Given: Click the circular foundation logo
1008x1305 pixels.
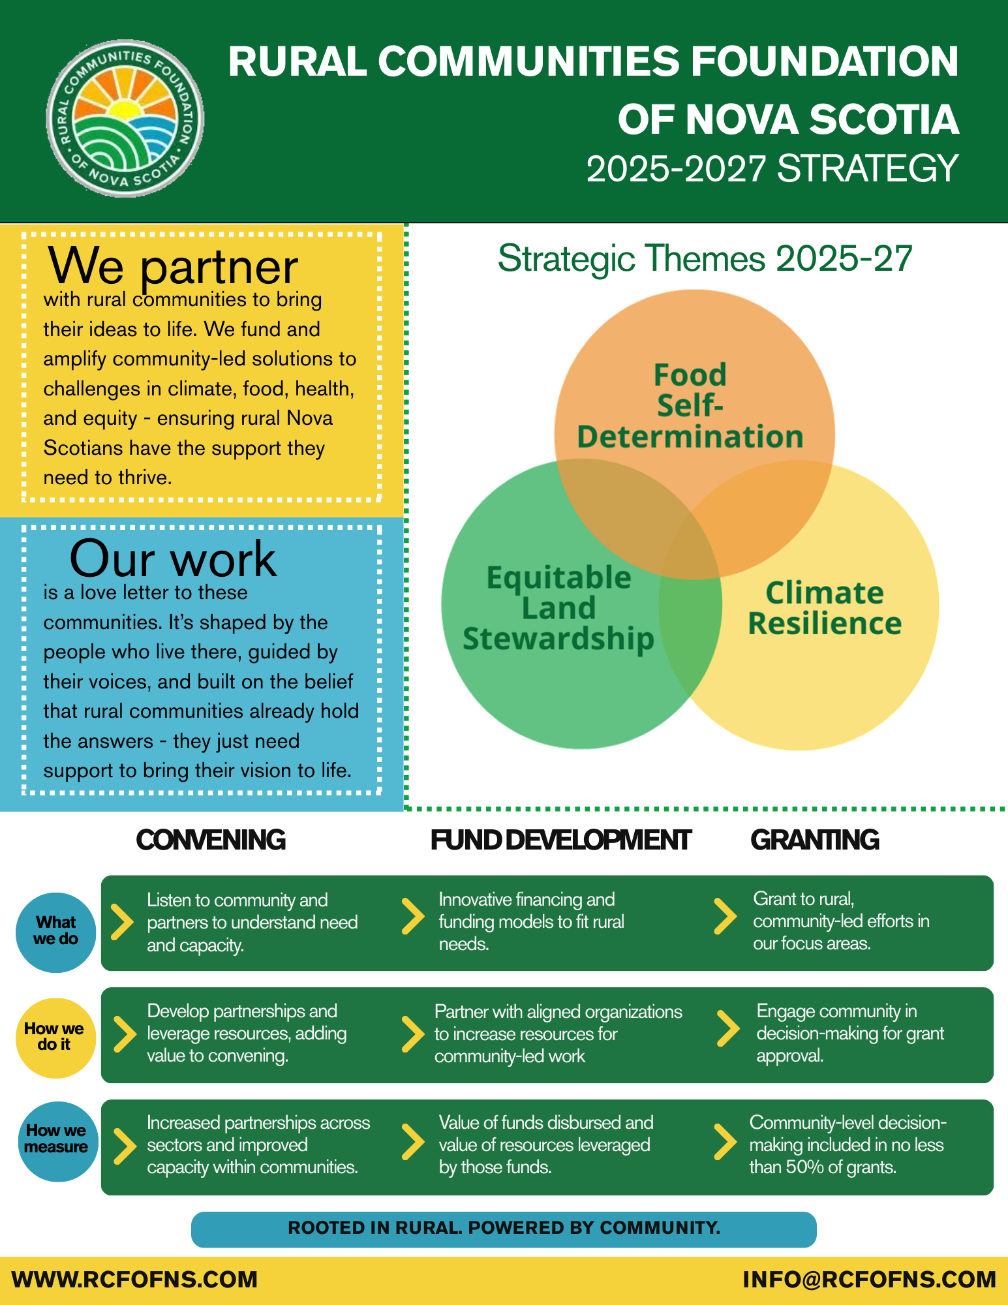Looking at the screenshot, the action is tap(125, 119).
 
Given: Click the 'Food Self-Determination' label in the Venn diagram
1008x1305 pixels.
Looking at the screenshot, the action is tap(690, 406).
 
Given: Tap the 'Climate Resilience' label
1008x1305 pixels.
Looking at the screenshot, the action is tap(825, 608).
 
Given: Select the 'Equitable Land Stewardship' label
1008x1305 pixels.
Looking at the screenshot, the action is tap(558, 608).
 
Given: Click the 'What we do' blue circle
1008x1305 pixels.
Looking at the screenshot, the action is tap(56, 932).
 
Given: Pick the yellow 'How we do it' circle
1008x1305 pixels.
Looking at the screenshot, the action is tap(55, 1037).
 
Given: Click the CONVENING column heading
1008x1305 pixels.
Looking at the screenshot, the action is tap(211, 840).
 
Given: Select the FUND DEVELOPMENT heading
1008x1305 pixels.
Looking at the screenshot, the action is tap(560, 840).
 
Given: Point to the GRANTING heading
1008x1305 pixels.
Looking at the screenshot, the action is tap(815, 840).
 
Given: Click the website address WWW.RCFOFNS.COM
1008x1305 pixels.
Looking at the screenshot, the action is tap(135, 1280).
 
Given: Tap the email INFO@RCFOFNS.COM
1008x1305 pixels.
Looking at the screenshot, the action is tap(869, 1280).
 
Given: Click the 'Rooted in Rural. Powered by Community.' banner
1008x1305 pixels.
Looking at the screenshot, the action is tap(504, 1229).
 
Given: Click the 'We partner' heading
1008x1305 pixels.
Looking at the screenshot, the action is tap(173, 266).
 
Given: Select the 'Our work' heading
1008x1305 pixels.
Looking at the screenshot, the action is tap(173, 559).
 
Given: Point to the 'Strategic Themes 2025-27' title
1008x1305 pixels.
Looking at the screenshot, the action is tap(705, 258).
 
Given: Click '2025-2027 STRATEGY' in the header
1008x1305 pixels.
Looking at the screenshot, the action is tap(772, 168).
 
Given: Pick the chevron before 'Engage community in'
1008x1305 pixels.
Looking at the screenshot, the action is tap(727, 1028).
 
